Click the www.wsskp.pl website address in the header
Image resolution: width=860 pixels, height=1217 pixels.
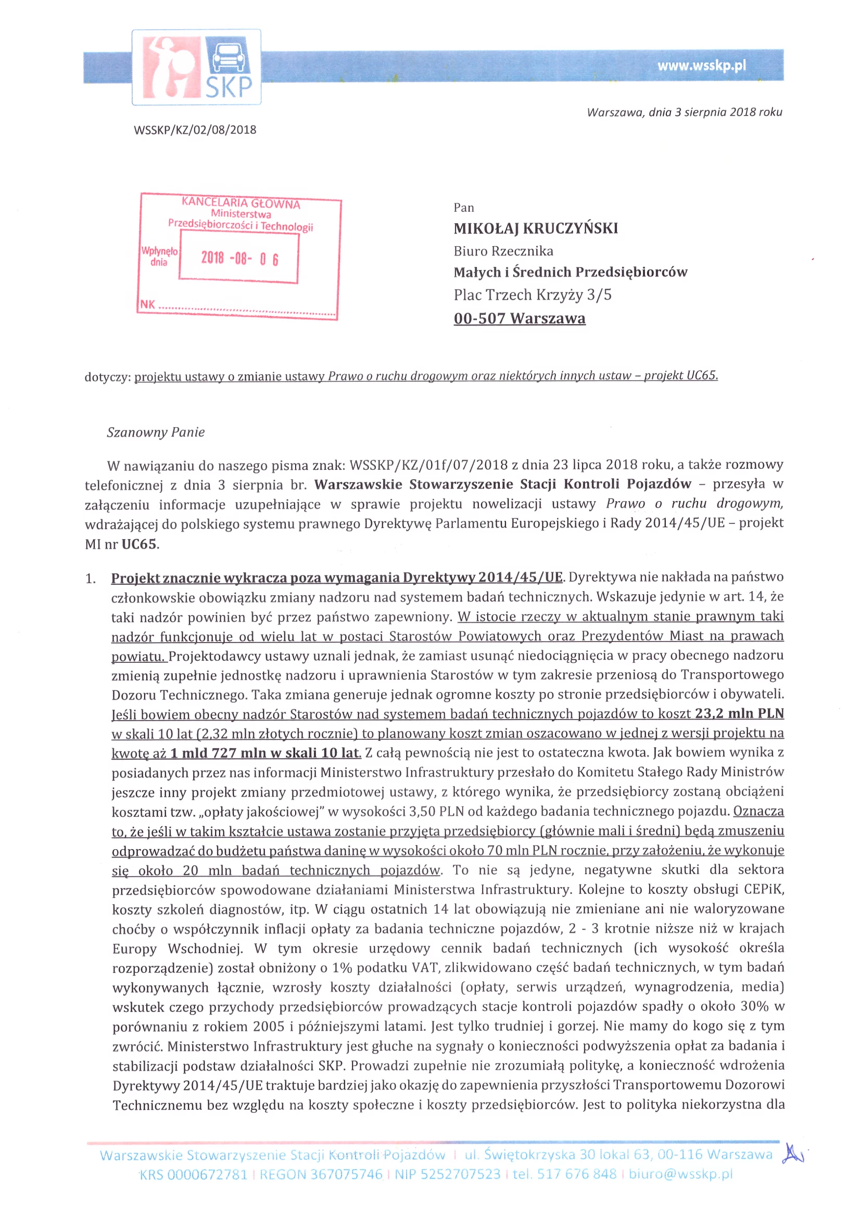701,66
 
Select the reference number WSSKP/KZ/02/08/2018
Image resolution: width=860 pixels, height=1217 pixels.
195,130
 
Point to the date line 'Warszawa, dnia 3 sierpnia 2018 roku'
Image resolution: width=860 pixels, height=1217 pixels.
684,112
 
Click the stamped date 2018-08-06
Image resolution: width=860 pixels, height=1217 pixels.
239,259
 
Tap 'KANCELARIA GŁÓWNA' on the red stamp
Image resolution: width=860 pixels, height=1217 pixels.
241,203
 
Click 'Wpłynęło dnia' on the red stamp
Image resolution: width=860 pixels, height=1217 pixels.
159,256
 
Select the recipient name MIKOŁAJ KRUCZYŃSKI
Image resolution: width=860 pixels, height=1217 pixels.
536,228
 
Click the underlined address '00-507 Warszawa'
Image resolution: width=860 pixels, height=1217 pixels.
519,318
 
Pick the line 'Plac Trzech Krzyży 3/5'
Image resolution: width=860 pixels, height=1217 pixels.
532,294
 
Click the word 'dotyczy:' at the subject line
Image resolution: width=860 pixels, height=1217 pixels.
107,377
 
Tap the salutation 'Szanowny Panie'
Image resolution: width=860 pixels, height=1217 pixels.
155,432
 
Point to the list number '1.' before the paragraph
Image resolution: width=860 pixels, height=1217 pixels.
91,579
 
